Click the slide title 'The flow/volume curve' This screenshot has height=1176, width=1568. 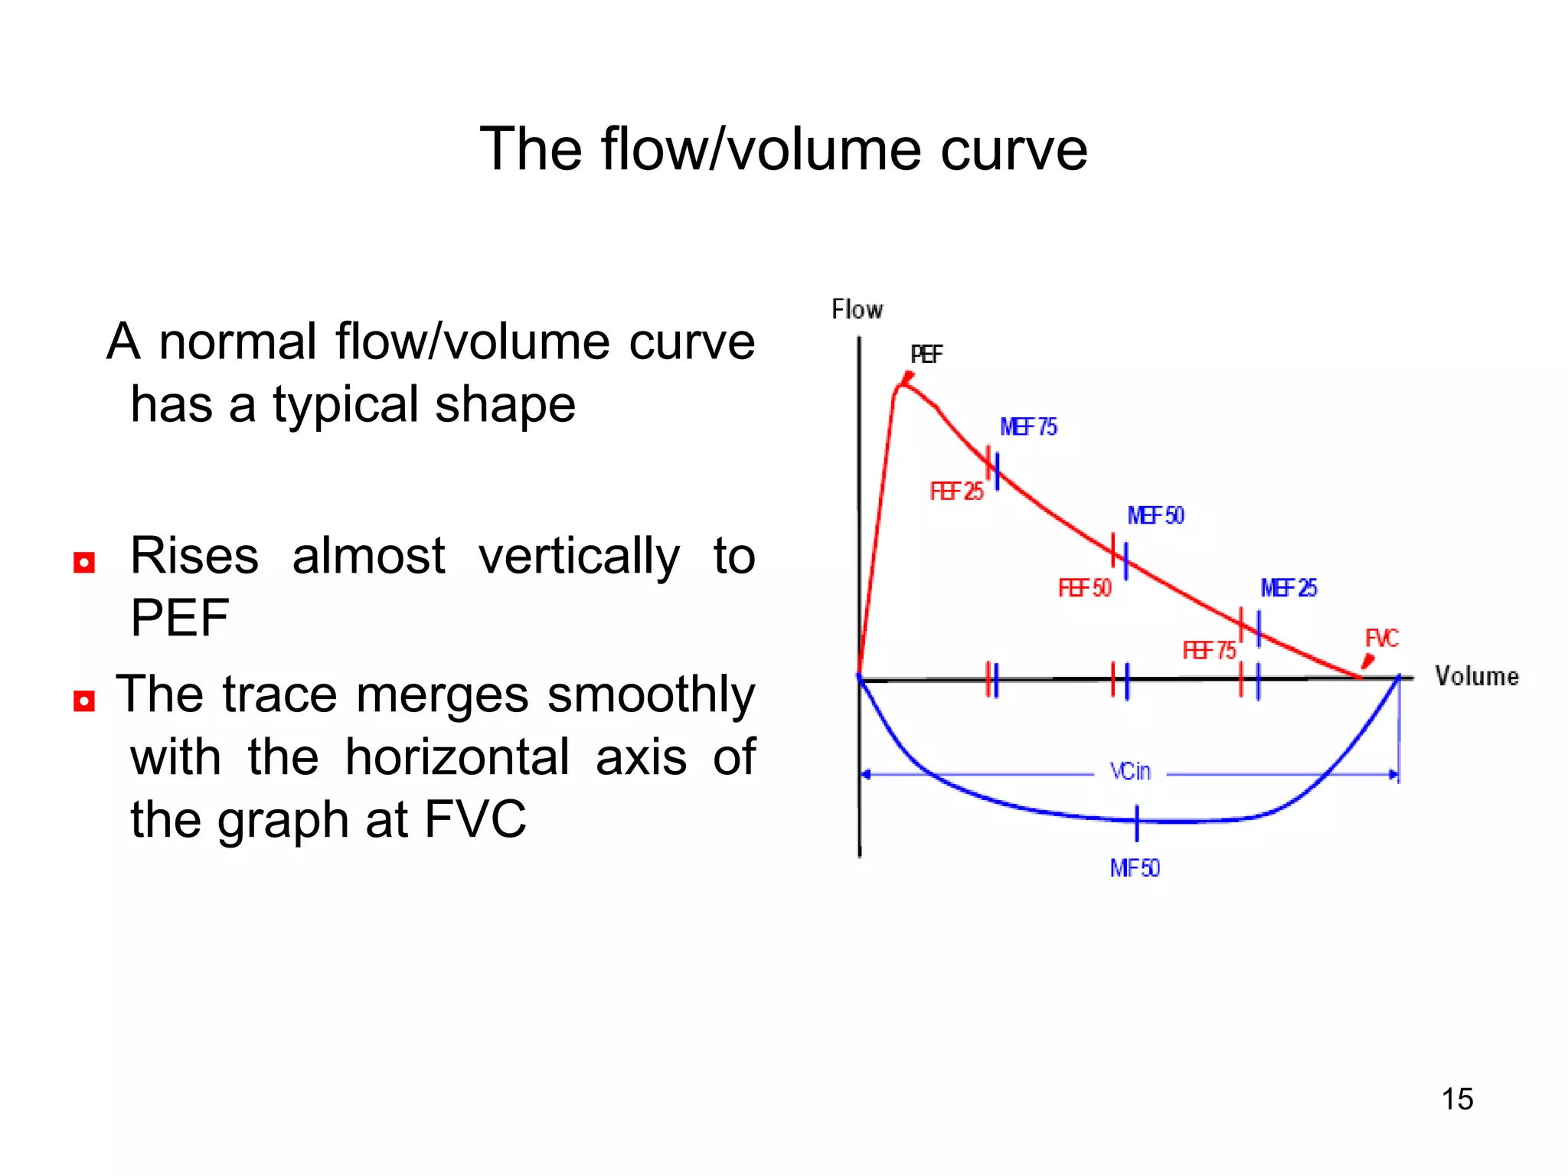[x=783, y=149]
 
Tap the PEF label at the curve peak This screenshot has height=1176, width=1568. [x=926, y=354]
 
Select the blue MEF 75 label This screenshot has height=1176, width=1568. [x=1028, y=427]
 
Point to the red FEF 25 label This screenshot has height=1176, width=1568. [x=956, y=492]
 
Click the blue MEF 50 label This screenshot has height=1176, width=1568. [x=1155, y=516]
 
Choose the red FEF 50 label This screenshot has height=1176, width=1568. [x=1084, y=588]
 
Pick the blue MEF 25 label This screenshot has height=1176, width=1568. [x=1289, y=588]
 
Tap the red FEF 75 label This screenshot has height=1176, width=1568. [x=1209, y=651]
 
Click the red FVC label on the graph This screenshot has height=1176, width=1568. [x=1382, y=639]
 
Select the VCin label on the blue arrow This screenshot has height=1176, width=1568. [x=1130, y=772]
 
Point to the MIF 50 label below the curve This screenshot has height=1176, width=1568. [x=1135, y=868]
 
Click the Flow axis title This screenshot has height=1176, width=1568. [x=857, y=310]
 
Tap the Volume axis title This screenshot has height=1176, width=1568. [x=1476, y=677]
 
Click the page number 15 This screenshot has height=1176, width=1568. [x=1457, y=1099]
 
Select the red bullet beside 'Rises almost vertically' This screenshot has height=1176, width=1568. [x=84, y=563]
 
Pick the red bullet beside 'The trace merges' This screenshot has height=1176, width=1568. [x=84, y=701]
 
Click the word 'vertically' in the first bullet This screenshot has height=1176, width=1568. [x=579, y=557]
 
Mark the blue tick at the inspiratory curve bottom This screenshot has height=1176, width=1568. [x=1137, y=822]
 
